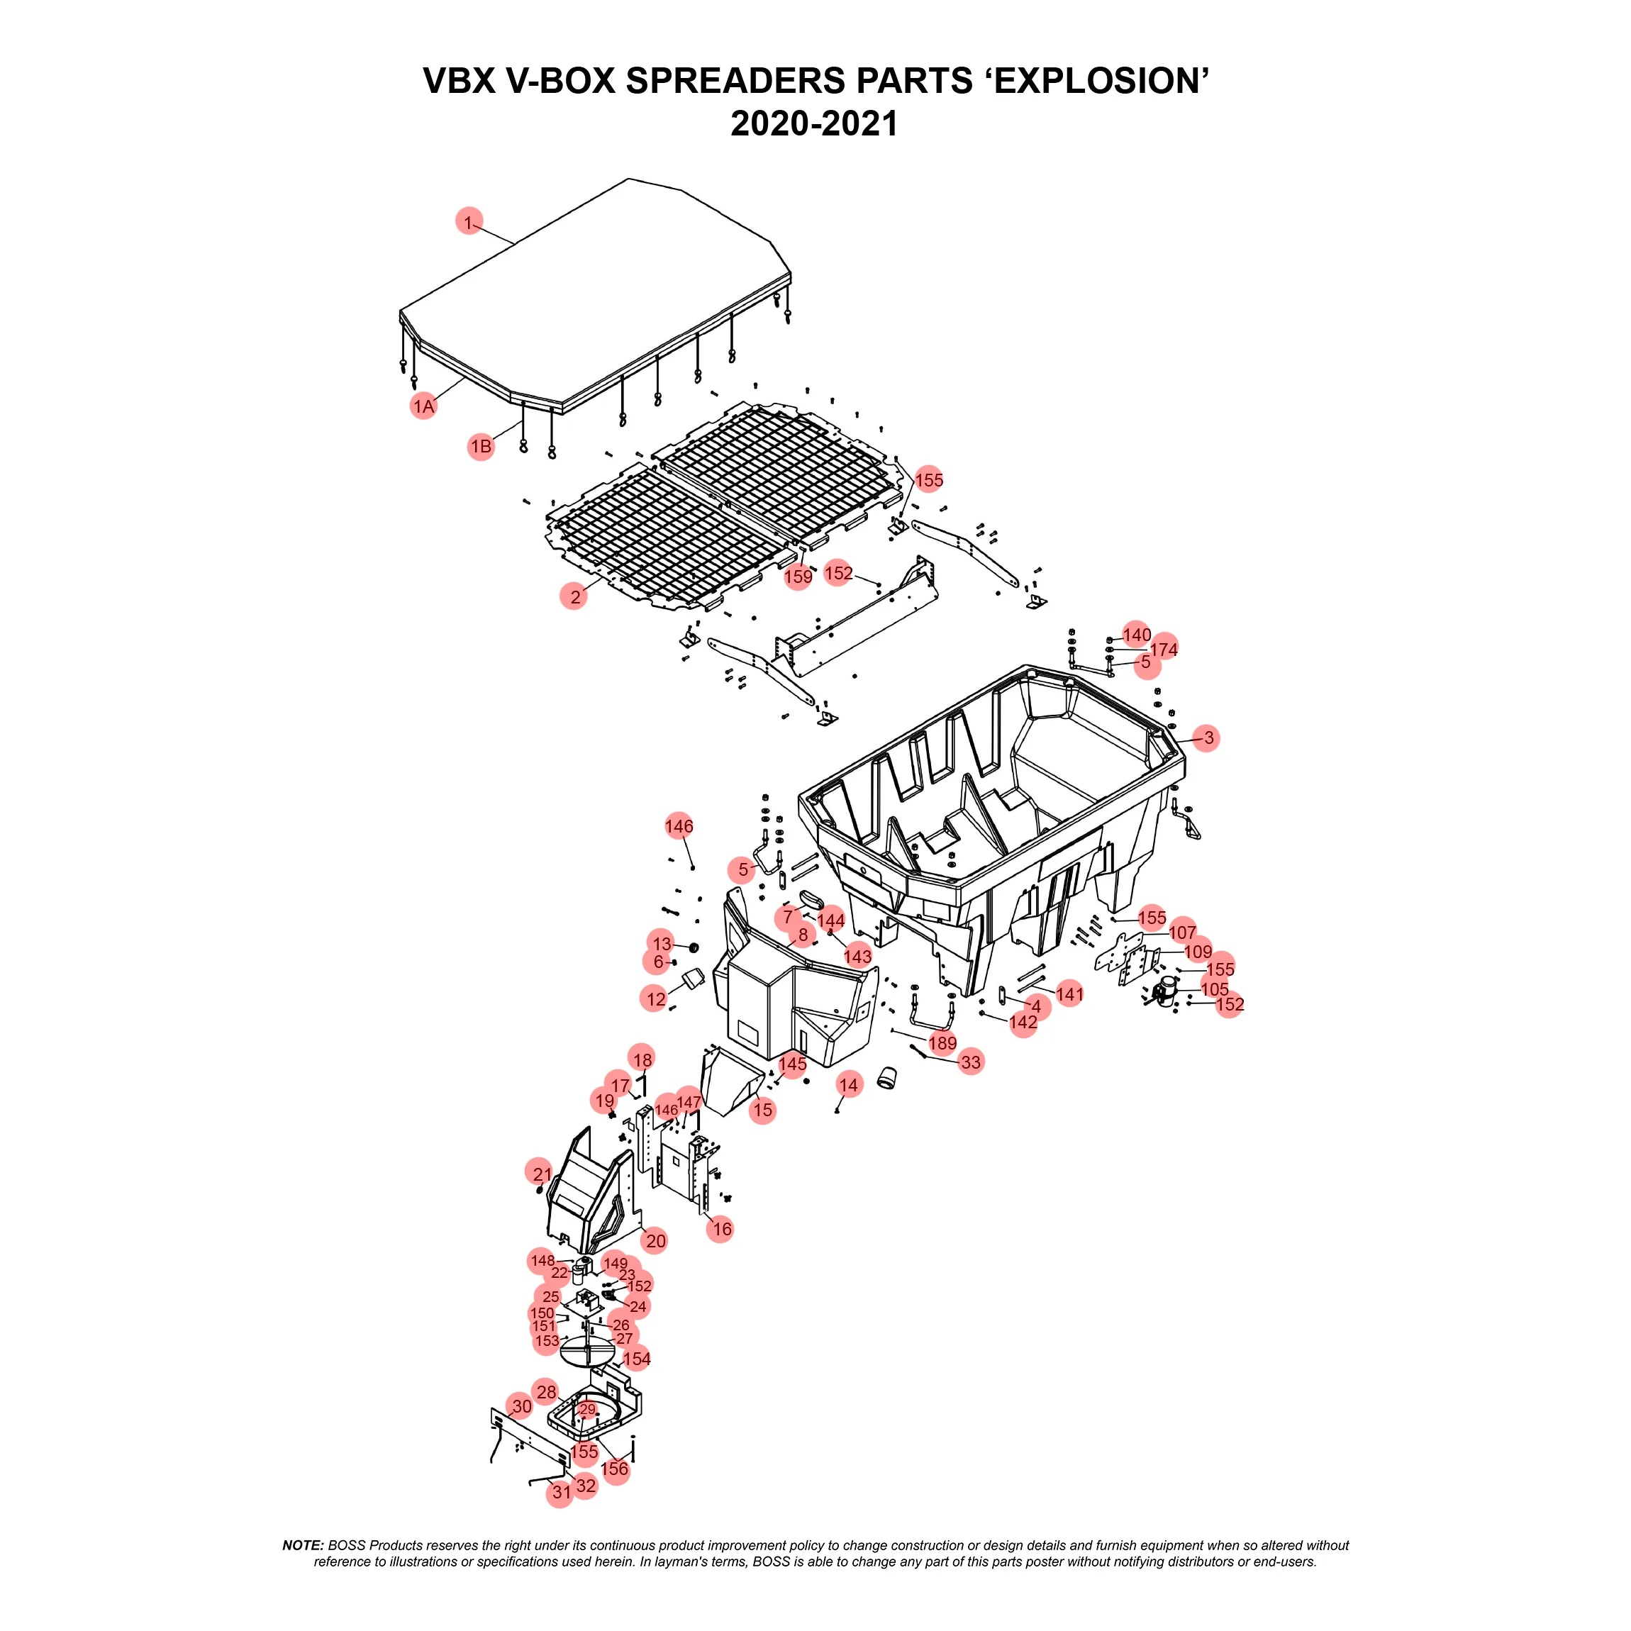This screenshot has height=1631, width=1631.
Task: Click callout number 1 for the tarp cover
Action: click(x=469, y=222)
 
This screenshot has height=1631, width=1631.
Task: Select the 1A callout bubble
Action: click(x=423, y=406)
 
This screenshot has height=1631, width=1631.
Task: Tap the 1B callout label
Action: click(x=480, y=447)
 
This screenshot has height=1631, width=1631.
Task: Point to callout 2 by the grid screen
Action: click(x=574, y=597)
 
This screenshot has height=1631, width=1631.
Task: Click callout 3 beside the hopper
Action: click(x=1207, y=737)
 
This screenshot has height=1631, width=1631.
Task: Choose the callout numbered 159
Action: click(x=798, y=577)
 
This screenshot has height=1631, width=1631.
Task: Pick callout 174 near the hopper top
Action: click(x=1163, y=649)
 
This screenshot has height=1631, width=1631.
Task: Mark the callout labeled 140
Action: click(x=1136, y=634)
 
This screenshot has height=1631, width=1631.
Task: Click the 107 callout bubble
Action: click(x=1182, y=932)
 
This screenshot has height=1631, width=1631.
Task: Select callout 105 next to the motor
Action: click(x=1214, y=989)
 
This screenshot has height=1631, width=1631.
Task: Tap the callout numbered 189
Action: click(x=942, y=1042)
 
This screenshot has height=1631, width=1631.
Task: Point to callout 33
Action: click(x=971, y=1062)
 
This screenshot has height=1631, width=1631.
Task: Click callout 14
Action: click(x=848, y=1086)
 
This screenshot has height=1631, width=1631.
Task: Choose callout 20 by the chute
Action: click(x=655, y=1241)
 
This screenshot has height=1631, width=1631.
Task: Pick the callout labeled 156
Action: click(x=615, y=1469)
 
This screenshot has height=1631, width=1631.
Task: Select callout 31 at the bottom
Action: click(x=562, y=1493)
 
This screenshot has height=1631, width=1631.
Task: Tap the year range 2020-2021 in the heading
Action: click(x=814, y=124)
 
